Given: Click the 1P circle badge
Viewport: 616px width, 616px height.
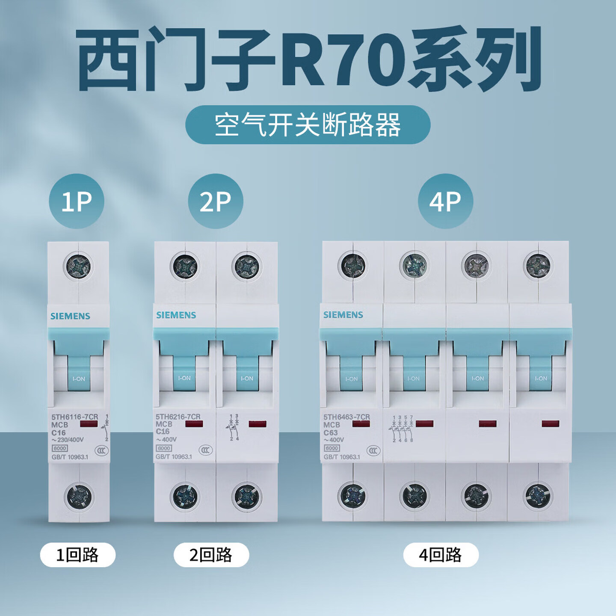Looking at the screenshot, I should tap(77, 201).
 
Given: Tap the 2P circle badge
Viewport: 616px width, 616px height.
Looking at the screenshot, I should tap(216, 201).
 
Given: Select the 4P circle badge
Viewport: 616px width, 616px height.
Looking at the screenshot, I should tap(445, 201).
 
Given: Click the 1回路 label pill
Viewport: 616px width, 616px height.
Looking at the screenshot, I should tap(78, 555).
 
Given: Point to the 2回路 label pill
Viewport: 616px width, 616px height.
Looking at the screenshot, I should tap(211, 555).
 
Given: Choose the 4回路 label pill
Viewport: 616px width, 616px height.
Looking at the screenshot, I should tap(441, 555).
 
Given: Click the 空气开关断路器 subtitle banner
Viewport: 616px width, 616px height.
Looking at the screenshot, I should tap(308, 125).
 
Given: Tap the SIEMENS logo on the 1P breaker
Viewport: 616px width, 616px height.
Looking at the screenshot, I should tap(70, 316).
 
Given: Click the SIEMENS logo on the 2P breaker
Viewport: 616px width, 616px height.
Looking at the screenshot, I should tap(176, 315).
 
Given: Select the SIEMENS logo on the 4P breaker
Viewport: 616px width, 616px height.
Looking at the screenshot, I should tap(343, 315).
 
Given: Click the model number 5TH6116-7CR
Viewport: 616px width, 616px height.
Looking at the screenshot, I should tap(74, 417).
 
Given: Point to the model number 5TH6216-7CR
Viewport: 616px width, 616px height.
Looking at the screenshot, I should tap(178, 416).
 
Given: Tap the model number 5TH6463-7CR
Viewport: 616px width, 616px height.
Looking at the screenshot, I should tap(346, 417).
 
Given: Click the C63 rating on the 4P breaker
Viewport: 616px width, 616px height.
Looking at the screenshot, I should tap(330, 432).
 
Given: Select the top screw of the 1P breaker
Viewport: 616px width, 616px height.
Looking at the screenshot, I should tap(77, 267).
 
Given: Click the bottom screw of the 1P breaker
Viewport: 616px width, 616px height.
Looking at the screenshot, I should tap(78, 496).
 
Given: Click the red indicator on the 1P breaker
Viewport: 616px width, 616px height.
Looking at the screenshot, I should tap(89, 424).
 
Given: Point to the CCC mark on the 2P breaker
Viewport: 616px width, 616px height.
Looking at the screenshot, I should tap(205, 450).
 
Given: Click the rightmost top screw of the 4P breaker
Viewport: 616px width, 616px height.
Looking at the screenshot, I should tap(538, 265).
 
